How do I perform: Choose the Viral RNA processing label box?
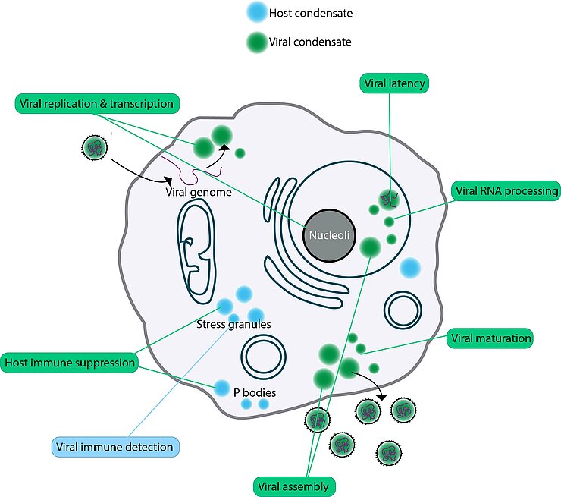click(506, 191)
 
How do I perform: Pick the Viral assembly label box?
click(293, 485)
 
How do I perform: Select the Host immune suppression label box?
click(70, 362)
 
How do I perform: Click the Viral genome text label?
click(199, 193)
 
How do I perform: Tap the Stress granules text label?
click(233, 325)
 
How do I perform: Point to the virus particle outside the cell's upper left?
click(93, 146)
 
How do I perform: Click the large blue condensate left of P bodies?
click(221, 388)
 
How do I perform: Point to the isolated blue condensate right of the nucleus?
click(410, 267)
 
